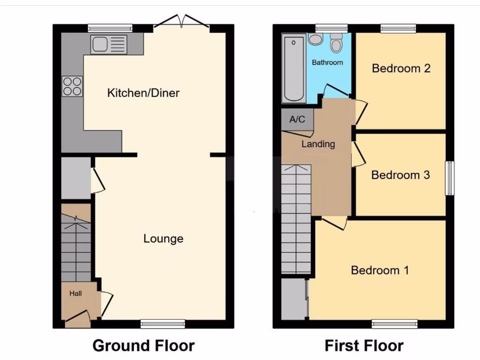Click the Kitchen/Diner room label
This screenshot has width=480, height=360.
pos(143,93)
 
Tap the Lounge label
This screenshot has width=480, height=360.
pos(163,239)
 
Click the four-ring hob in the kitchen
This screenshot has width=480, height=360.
pos(72,86)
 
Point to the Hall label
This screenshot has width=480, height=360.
pos(75,293)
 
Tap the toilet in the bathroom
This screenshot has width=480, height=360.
pos(336,43)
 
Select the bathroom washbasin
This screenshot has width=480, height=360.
pos(315,39)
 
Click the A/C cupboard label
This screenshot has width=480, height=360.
pos(297,120)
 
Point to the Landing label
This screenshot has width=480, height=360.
pos(318,144)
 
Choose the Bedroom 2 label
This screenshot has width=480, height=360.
pos(401,68)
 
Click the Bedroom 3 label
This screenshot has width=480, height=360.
pos(400,175)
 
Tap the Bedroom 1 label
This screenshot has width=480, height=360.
pos(380,270)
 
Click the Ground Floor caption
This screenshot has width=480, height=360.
pos(143,346)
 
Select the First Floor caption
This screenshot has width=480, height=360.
pos(364,346)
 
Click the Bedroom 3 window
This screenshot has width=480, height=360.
pos(450,178)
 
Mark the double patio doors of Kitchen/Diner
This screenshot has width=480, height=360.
pos(182,21)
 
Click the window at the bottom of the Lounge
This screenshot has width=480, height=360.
pos(163,323)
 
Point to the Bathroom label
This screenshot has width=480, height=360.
pos(327,62)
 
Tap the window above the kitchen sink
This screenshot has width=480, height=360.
pos(110,28)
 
